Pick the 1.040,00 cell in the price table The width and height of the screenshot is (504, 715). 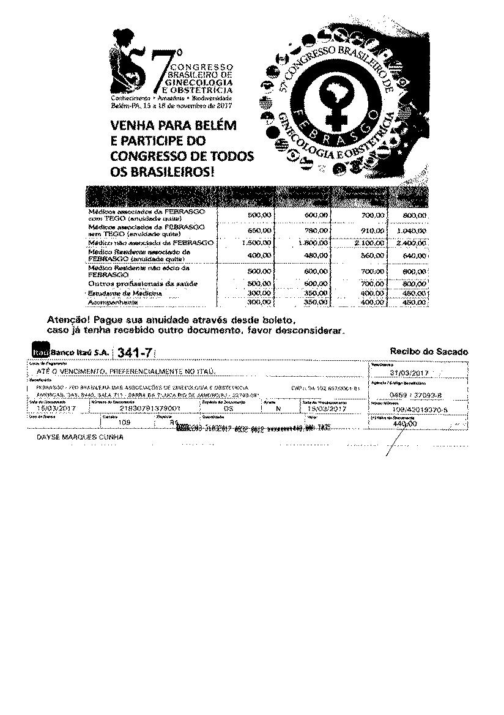(412, 231)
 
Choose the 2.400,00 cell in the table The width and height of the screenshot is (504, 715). (412, 243)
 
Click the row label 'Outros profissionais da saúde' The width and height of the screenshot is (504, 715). (143, 284)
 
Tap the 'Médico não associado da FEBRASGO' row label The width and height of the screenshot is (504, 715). (151, 243)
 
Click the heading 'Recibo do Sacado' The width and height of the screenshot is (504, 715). (428, 352)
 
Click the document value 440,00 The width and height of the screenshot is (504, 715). (404, 423)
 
